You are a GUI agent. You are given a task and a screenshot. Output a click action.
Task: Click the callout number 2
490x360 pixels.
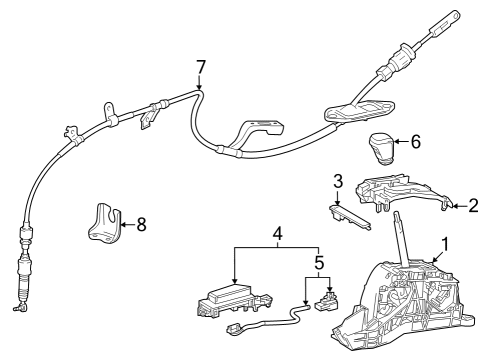pos(473,206)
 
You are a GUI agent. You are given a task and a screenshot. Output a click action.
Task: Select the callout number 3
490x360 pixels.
pos(339,182)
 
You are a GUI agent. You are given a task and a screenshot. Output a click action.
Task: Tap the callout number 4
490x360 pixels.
pos(276,237)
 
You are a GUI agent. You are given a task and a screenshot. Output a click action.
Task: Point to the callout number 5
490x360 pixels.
pos(320,266)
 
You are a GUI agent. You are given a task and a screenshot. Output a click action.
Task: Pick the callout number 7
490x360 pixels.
pos(201,67)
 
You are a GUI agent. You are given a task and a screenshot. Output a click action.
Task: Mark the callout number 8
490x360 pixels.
pos(140,224)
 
